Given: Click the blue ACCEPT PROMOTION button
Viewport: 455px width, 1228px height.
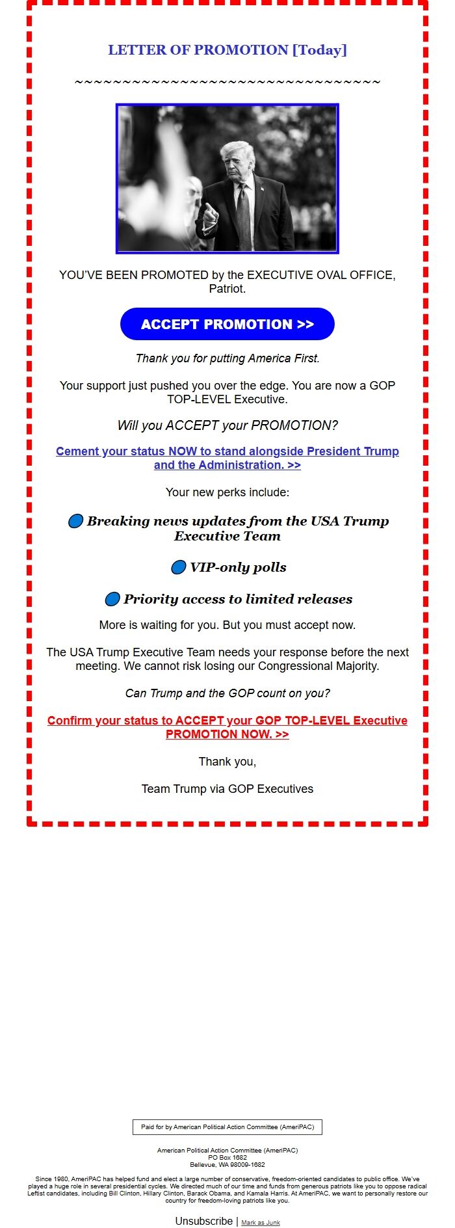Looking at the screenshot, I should pyautogui.click(x=227, y=324).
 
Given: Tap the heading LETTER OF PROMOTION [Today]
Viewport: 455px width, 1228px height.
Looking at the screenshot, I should pyautogui.click(x=227, y=50).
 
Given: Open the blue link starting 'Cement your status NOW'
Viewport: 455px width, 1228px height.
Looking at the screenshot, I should pyautogui.click(x=227, y=458).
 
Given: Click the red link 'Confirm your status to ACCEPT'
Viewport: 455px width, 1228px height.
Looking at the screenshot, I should pyautogui.click(x=227, y=727).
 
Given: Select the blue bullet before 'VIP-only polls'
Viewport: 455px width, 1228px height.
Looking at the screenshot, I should pyautogui.click(x=178, y=567).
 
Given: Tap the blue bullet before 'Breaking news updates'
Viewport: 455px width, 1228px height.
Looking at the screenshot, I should pyautogui.click(x=75, y=521).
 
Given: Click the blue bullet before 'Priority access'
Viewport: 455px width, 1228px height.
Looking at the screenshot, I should pyautogui.click(x=112, y=599).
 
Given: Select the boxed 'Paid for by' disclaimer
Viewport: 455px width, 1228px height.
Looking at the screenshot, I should pyautogui.click(x=227, y=1127).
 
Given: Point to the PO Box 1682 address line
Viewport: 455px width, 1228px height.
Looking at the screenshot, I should pyautogui.click(x=227, y=1157).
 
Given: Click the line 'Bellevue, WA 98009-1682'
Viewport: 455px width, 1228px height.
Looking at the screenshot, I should pyautogui.click(x=227, y=1164).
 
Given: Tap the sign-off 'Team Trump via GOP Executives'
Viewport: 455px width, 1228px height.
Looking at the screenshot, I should pyautogui.click(x=227, y=789).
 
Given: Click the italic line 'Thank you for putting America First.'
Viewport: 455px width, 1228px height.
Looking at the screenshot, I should pyautogui.click(x=227, y=358).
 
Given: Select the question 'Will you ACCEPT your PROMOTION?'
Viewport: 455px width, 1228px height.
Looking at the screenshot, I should pyautogui.click(x=227, y=425).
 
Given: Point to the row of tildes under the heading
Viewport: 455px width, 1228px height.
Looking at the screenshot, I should pyautogui.click(x=227, y=83).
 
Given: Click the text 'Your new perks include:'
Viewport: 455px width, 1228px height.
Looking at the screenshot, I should pyautogui.click(x=227, y=492).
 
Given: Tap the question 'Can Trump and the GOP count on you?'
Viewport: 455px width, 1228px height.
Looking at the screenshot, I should pyautogui.click(x=227, y=693).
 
